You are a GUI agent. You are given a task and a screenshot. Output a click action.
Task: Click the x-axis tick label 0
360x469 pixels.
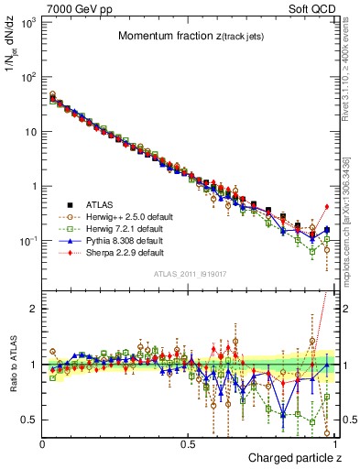point(42,442)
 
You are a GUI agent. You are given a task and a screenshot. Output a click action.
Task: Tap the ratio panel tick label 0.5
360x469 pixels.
point(28,420)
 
